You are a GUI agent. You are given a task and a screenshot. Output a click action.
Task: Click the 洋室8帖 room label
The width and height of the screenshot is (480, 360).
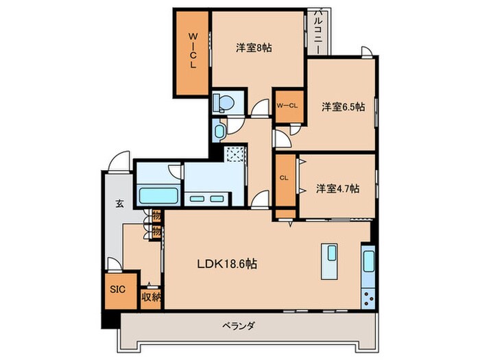(x=254, y=48)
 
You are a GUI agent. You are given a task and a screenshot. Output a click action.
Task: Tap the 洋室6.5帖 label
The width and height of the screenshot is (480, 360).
(x=344, y=107)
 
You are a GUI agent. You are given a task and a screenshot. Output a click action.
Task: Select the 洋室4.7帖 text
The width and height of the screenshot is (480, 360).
(x=338, y=188)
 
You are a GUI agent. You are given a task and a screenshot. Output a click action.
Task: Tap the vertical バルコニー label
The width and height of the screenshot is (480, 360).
(x=319, y=31)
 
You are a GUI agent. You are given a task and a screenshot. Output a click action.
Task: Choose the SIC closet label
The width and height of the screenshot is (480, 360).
(x=117, y=289)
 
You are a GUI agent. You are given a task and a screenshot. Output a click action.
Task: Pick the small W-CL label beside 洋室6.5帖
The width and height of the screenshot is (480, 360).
(x=287, y=105)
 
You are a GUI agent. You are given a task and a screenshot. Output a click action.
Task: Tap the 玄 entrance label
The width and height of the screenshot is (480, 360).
(x=119, y=204)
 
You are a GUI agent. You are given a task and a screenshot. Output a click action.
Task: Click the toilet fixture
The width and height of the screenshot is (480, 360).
(x=224, y=103)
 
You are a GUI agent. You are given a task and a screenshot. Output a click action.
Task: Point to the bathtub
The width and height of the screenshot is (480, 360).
(x=159, y=194)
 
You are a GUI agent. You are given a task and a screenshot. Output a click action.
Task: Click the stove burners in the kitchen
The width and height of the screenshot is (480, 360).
(x=368, y=298)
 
